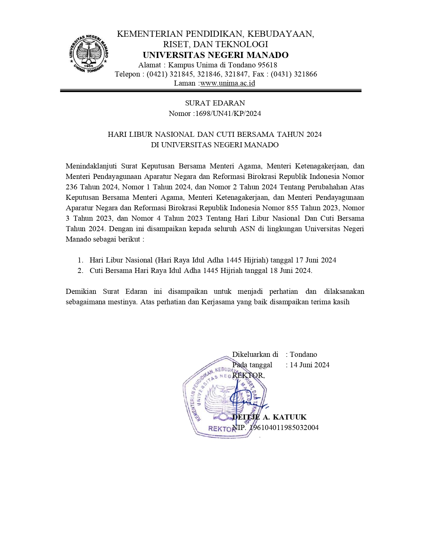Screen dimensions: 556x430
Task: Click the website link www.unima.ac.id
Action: [228, 83]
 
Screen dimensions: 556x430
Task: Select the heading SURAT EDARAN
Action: [215, 103]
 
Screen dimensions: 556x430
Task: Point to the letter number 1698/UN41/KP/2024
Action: [228, 114]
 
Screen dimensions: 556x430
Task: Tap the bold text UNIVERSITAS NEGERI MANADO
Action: [216, 55]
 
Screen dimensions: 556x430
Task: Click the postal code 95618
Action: [267, 65]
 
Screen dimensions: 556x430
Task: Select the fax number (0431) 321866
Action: [294, 74]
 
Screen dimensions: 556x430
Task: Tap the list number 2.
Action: [80, 271]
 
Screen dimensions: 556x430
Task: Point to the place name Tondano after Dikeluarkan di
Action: [303, 354]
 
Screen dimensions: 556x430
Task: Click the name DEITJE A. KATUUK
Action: [269, 417]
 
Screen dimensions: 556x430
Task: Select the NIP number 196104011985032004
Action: [284, 428]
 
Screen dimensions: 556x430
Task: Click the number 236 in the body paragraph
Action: [71, 187]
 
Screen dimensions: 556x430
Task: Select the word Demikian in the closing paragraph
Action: [81, 291]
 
